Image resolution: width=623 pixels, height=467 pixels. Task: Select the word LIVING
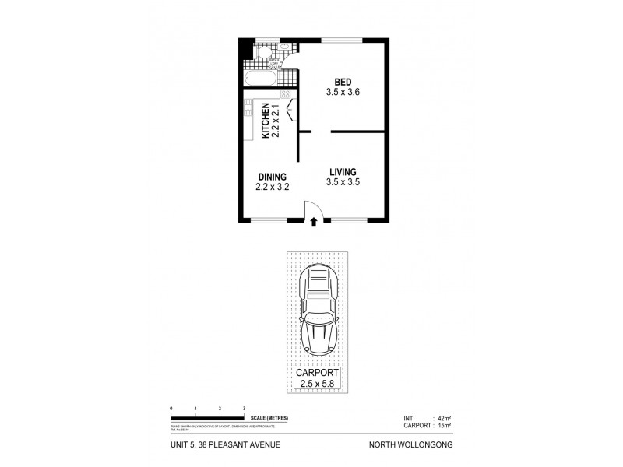343,172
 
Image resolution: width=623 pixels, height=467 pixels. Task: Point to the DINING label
272,177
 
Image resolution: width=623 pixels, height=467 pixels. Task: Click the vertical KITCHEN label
266,121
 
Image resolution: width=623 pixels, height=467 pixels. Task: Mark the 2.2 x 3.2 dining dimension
272,187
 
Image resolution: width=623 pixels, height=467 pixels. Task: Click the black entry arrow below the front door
314,222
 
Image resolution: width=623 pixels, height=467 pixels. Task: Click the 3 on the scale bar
245,409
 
